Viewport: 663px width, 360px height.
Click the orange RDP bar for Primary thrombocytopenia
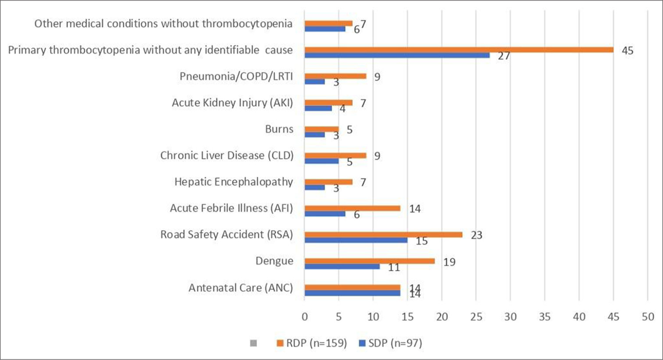[x=459, y=50]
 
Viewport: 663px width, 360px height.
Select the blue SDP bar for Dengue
[x=342, y=266]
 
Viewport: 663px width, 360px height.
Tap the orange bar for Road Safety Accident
[x=383, y=235]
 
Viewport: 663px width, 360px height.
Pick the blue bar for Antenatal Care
[x=353, y=293]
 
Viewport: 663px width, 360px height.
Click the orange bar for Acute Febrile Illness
[x=353, y=208]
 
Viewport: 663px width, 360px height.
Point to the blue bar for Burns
[x=315, y=135]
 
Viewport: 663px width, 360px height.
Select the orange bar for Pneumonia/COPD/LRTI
[x=335, y=76]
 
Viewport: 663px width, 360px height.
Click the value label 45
[x=627, y=51]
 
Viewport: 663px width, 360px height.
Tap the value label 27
[x=504, y=56]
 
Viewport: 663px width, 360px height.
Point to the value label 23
[x=476, y=235]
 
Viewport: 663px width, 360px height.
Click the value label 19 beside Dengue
[x=449, y=262]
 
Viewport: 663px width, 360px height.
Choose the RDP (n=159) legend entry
[x=311, y=343]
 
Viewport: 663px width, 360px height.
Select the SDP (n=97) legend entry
[x=391, y=343]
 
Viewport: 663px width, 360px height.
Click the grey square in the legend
[x=253, y=343]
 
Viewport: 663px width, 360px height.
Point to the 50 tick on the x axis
[x=648, y=317]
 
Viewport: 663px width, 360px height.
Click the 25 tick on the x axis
[x=476, y=317]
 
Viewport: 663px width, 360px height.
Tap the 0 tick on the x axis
[x=305, y=317]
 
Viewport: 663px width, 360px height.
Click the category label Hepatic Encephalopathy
[x=233, y=182]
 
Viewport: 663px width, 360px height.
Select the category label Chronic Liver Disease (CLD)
[x=227, y=155]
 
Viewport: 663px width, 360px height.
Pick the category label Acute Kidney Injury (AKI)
[x=232, y=103]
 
